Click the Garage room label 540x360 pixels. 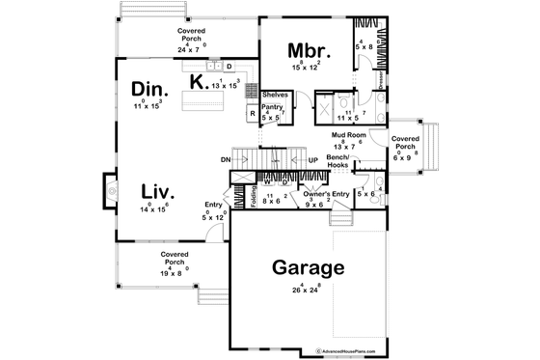[x=309, y=267]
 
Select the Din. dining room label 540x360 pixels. [x=150, y=89]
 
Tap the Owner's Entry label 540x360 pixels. [x=325, y=194]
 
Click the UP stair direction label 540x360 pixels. [x=312, y=160]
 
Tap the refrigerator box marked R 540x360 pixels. [x=253, y=113]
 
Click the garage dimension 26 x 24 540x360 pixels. [x=309, y=289]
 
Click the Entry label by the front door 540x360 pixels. [x=213, y=205]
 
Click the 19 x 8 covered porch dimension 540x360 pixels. [x=175, y=272]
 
